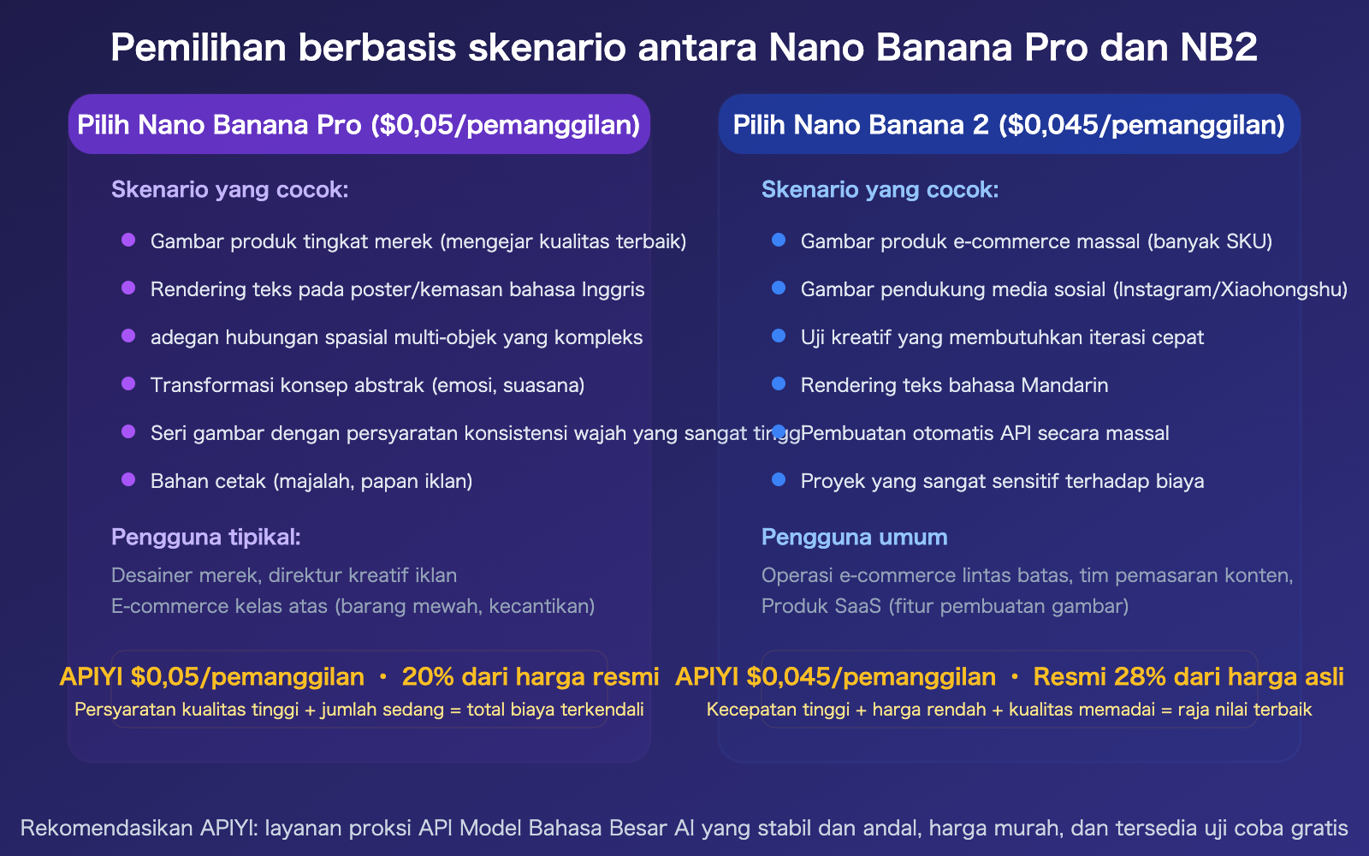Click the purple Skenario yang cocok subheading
click(229, 189)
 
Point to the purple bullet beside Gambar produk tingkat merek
click(128, 241)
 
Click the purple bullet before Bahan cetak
click(128, 480)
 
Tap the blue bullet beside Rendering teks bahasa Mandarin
click(779, 384)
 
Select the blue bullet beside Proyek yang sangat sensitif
click(779, 480)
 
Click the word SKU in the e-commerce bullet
click(1246, 241)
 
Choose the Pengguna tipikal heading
click(205, 538)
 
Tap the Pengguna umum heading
click(854, 538)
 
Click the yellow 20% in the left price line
click(427, 677)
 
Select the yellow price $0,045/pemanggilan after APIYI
click(871, 677)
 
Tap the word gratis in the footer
click(1319, 828)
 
